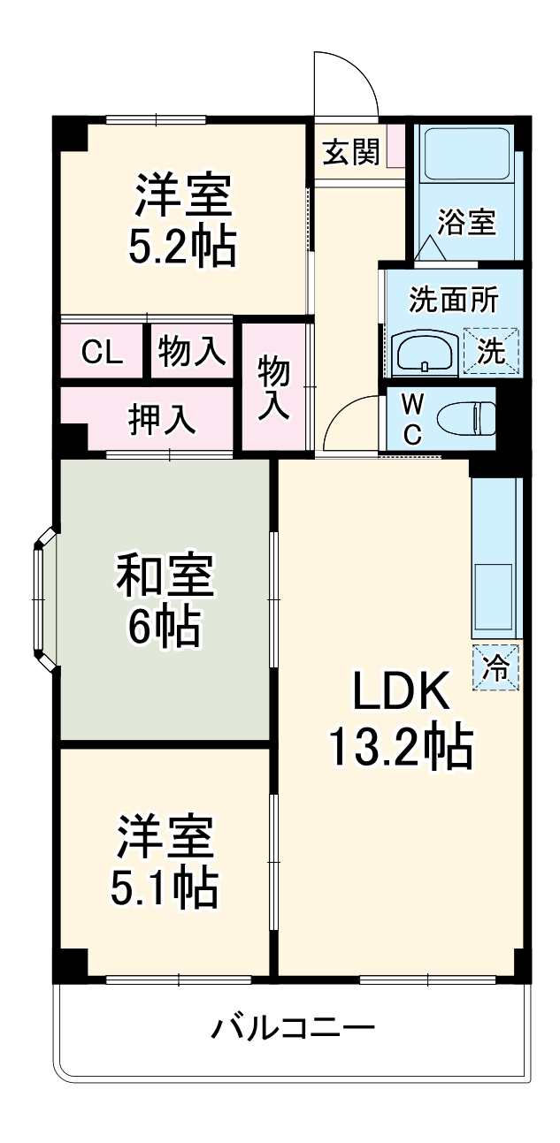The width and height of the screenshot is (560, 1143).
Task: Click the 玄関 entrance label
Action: (350, 152)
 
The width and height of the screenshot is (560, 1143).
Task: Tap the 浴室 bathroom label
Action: (467, 222)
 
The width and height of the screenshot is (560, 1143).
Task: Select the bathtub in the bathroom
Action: (465, 156)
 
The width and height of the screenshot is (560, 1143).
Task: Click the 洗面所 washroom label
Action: (452, 300)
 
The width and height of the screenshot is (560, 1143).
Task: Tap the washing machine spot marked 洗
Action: (491, 352)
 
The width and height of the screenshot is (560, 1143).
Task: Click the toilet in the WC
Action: (469, 417)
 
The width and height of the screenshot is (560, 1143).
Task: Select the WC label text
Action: (412, 418)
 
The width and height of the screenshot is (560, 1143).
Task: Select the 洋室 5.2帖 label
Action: (183, 222)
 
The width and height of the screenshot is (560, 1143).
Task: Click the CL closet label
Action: (102, 352)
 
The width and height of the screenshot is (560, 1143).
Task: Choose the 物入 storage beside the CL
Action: (191, 352)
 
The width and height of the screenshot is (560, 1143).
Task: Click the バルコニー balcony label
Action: (293, 1028)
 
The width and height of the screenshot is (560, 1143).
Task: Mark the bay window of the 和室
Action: (42, 601)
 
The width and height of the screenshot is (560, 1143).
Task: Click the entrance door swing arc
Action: (349, 84)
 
